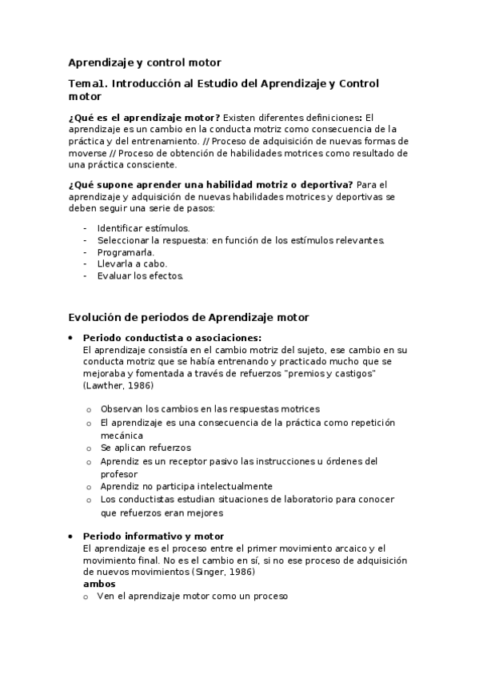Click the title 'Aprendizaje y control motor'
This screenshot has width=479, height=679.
[x=144, y=62]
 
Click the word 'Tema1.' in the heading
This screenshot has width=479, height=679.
[x=87, y=83]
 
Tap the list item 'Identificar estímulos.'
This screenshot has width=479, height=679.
[x=143, y=228]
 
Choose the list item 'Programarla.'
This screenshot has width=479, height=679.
[x=126, y=251]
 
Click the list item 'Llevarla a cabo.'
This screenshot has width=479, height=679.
[x=132, y=263]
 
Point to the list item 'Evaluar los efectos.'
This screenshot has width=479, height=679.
[x=140, y=275]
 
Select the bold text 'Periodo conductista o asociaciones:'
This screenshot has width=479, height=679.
[x=172, y=338]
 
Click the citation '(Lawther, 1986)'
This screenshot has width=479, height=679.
[x=118, y=386]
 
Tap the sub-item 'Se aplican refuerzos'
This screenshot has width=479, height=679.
[x=146, y=447]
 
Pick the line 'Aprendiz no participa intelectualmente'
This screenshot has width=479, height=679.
[x=186, y=485]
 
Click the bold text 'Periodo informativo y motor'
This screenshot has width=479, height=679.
[x=153, y=536]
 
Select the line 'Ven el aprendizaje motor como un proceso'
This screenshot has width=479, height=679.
[x=192, y=596]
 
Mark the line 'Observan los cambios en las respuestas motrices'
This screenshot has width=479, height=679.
[x=210, y=408]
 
